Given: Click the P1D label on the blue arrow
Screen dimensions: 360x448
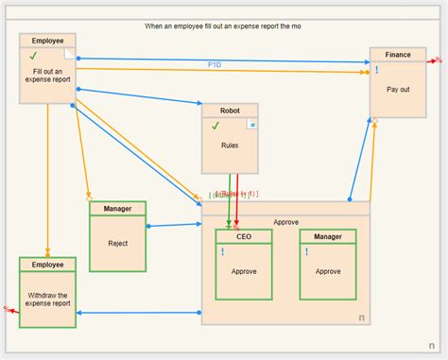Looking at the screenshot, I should [x=215, y=64].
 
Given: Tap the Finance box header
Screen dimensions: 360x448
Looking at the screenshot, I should [x=398, y=55].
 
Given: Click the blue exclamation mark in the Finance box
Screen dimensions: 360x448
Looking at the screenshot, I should [x=377, y=70].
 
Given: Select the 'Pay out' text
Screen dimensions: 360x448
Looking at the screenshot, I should [x=398, y=89].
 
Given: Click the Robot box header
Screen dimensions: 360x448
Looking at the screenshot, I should [x=230, y=110].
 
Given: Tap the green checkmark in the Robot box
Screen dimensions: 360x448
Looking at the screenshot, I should [x=215, y=125].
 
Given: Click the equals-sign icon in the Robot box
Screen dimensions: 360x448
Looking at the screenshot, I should [x=252, y=125].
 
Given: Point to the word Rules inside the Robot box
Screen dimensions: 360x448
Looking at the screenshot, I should [x=230, y=146].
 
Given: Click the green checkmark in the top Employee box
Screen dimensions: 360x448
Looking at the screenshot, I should [x=33, y=57].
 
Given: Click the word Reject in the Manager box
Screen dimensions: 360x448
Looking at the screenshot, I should [x=117, y=243].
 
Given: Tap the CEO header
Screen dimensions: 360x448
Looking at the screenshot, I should [x=244, y=236].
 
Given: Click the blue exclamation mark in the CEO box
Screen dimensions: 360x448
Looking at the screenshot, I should [x=223, y=252].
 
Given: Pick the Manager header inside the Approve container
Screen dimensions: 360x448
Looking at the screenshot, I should [x=328, y=236].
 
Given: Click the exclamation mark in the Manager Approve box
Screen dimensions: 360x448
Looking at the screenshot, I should [x=307, y=252].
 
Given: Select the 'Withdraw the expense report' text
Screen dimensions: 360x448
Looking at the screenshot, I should [x=47, y=298].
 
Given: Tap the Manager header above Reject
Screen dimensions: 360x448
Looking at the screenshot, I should [x=117, y=208].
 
